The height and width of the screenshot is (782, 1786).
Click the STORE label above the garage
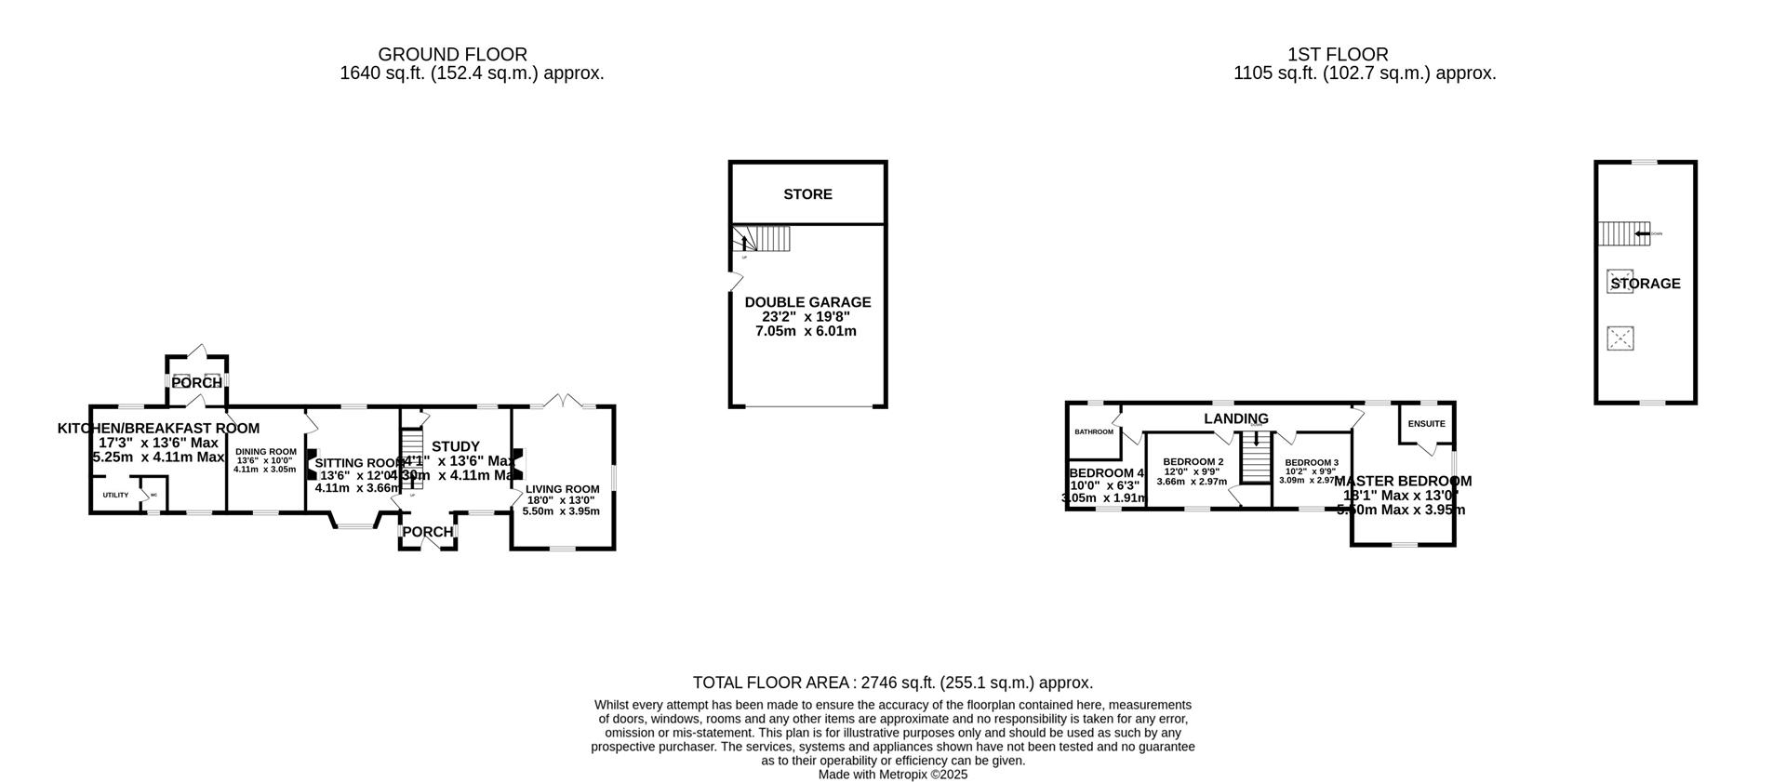(x=807, y=194)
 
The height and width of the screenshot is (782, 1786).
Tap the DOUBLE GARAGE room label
(x=807, y=302)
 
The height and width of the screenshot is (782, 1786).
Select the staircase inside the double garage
(x=761, y=239)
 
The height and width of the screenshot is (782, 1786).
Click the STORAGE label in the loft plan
(x=1646, y=284)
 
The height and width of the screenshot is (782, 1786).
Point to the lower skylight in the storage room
(x=1620, y=338)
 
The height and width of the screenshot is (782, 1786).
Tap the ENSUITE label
(x=1426, y=424)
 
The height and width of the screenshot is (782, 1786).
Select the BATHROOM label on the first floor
(x=1094, y=431)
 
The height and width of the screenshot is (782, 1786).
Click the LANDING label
(x=1236, y=418)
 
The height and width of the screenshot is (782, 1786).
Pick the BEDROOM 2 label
(x=1193, y=462)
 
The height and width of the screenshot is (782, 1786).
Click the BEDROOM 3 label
(x=1311, y=463)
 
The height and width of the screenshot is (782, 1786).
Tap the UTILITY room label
(x=115, y=495)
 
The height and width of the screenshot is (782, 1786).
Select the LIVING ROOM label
(x=562, y=489)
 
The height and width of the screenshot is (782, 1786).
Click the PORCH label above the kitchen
(x=196, y=383)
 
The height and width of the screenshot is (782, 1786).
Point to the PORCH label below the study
(x=427, y=532)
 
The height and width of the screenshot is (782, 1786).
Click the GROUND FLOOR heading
(x=452, y=55)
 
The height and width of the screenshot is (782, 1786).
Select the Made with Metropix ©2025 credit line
(x=892, y=774)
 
